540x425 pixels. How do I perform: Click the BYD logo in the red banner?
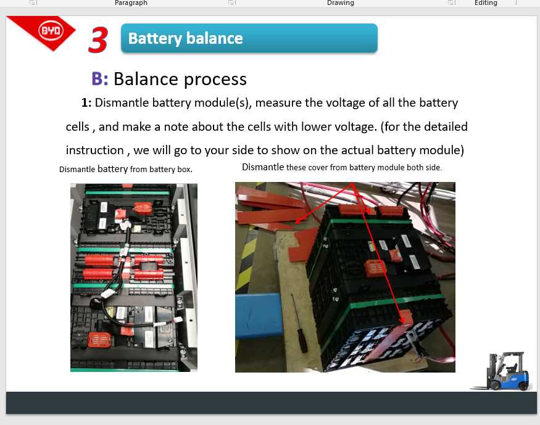click(49, 30)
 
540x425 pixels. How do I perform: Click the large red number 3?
click(98, 40)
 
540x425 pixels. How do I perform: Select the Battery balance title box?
click(249, 38)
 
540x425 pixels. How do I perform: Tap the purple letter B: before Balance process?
click(99, 78)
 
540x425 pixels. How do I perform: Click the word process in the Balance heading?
click(216, 80)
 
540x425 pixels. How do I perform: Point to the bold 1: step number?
click(86, 102)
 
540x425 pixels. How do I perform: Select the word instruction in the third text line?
click(94, 150)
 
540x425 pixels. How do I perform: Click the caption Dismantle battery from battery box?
click(126, 169)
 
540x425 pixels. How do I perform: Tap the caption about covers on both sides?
click(342, 167)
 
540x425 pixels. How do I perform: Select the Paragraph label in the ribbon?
click(131, 3)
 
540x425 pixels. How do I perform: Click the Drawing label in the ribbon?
click(340, 3)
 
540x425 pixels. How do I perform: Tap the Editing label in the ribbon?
click(485, 3)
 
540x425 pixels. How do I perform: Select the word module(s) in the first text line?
click(222, 102)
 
